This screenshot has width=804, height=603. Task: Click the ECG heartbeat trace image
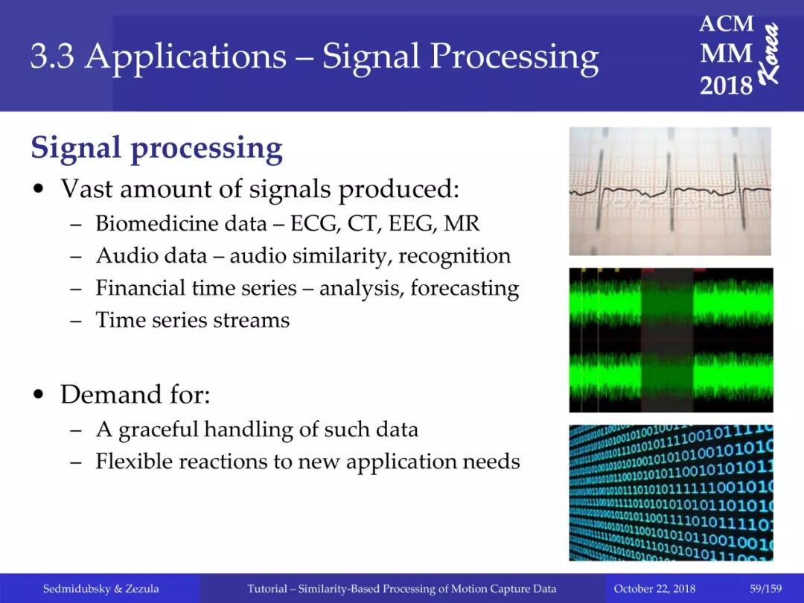670,191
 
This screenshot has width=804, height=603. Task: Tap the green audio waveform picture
671,340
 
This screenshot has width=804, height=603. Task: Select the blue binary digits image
671,492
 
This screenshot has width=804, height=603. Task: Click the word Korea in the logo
768,54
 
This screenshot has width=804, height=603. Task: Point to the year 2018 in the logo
726,85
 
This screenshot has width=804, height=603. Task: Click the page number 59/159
765,588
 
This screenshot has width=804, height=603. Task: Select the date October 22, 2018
654,588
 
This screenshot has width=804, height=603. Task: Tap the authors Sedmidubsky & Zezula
100,588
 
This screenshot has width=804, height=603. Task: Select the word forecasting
465,289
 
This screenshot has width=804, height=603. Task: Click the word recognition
454,256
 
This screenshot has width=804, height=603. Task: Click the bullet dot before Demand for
39,395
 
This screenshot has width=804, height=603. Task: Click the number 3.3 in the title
52,56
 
